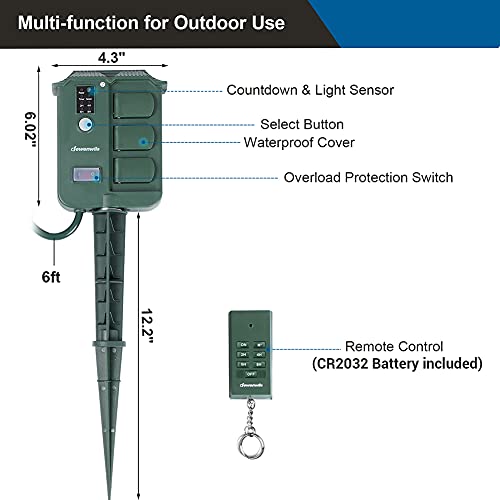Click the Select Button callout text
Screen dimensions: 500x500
point(302,125)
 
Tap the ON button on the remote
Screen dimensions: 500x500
point(243,346)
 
